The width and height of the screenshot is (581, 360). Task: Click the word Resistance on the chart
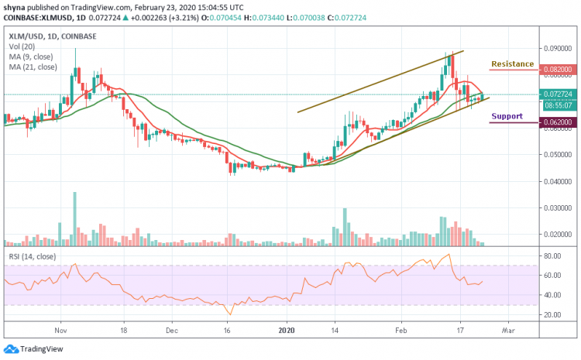(x=513, y=63)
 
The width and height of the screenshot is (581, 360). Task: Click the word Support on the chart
(x=507, y=116)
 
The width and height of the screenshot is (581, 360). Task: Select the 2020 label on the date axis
(x=287, y=329)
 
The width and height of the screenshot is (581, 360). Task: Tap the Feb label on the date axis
(x=401, y=329)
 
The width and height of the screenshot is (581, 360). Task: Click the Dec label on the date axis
(x=171, y=329)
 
